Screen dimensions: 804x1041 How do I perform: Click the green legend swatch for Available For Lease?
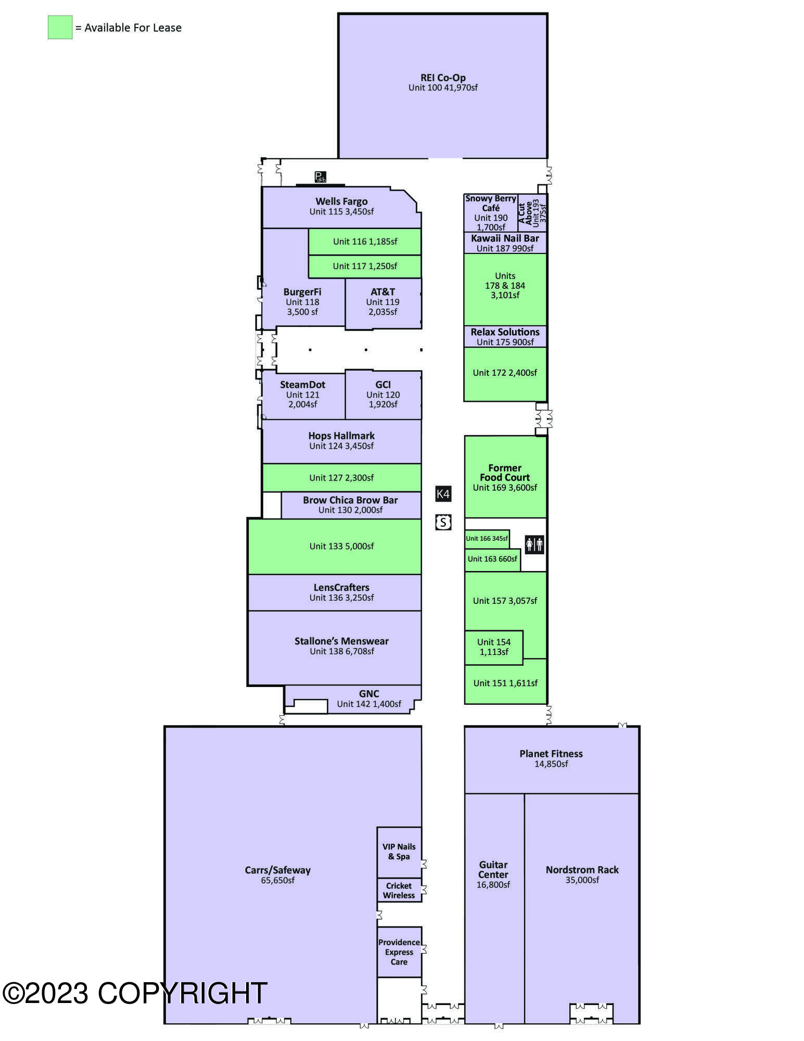click(60, 27)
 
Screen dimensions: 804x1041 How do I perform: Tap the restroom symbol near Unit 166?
click(534, 544)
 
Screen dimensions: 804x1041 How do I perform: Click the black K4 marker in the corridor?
click(443, 494)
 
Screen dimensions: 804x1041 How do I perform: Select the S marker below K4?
click(443, 522)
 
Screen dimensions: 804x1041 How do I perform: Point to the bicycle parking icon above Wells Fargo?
click(320, 177)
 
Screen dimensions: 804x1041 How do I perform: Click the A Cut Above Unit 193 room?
click(532, 213)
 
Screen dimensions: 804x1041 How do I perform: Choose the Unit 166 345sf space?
click(487, 539)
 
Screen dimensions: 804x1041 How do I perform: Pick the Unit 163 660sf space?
click(492, 560)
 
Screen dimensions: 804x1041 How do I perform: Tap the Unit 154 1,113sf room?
click(493, 647)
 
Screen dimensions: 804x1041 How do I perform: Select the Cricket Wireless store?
click(399, 890)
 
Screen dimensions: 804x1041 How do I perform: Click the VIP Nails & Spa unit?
click(399, 852)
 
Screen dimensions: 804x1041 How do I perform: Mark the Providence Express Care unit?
click(399, 952)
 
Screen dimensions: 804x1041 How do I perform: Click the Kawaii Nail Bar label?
click(505, 238)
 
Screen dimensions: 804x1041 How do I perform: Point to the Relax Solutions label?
click(505, 332)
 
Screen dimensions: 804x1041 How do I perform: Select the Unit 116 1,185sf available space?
click(365, 242)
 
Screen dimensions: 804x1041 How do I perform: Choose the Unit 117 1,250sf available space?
click(365, 266)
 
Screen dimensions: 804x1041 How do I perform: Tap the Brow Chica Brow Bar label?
click(350, 500)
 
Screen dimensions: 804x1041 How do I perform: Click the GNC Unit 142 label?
click(369, 699)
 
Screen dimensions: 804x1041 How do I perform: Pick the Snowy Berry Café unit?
click(491, 213)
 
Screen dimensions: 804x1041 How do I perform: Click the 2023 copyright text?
click(135, 993)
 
